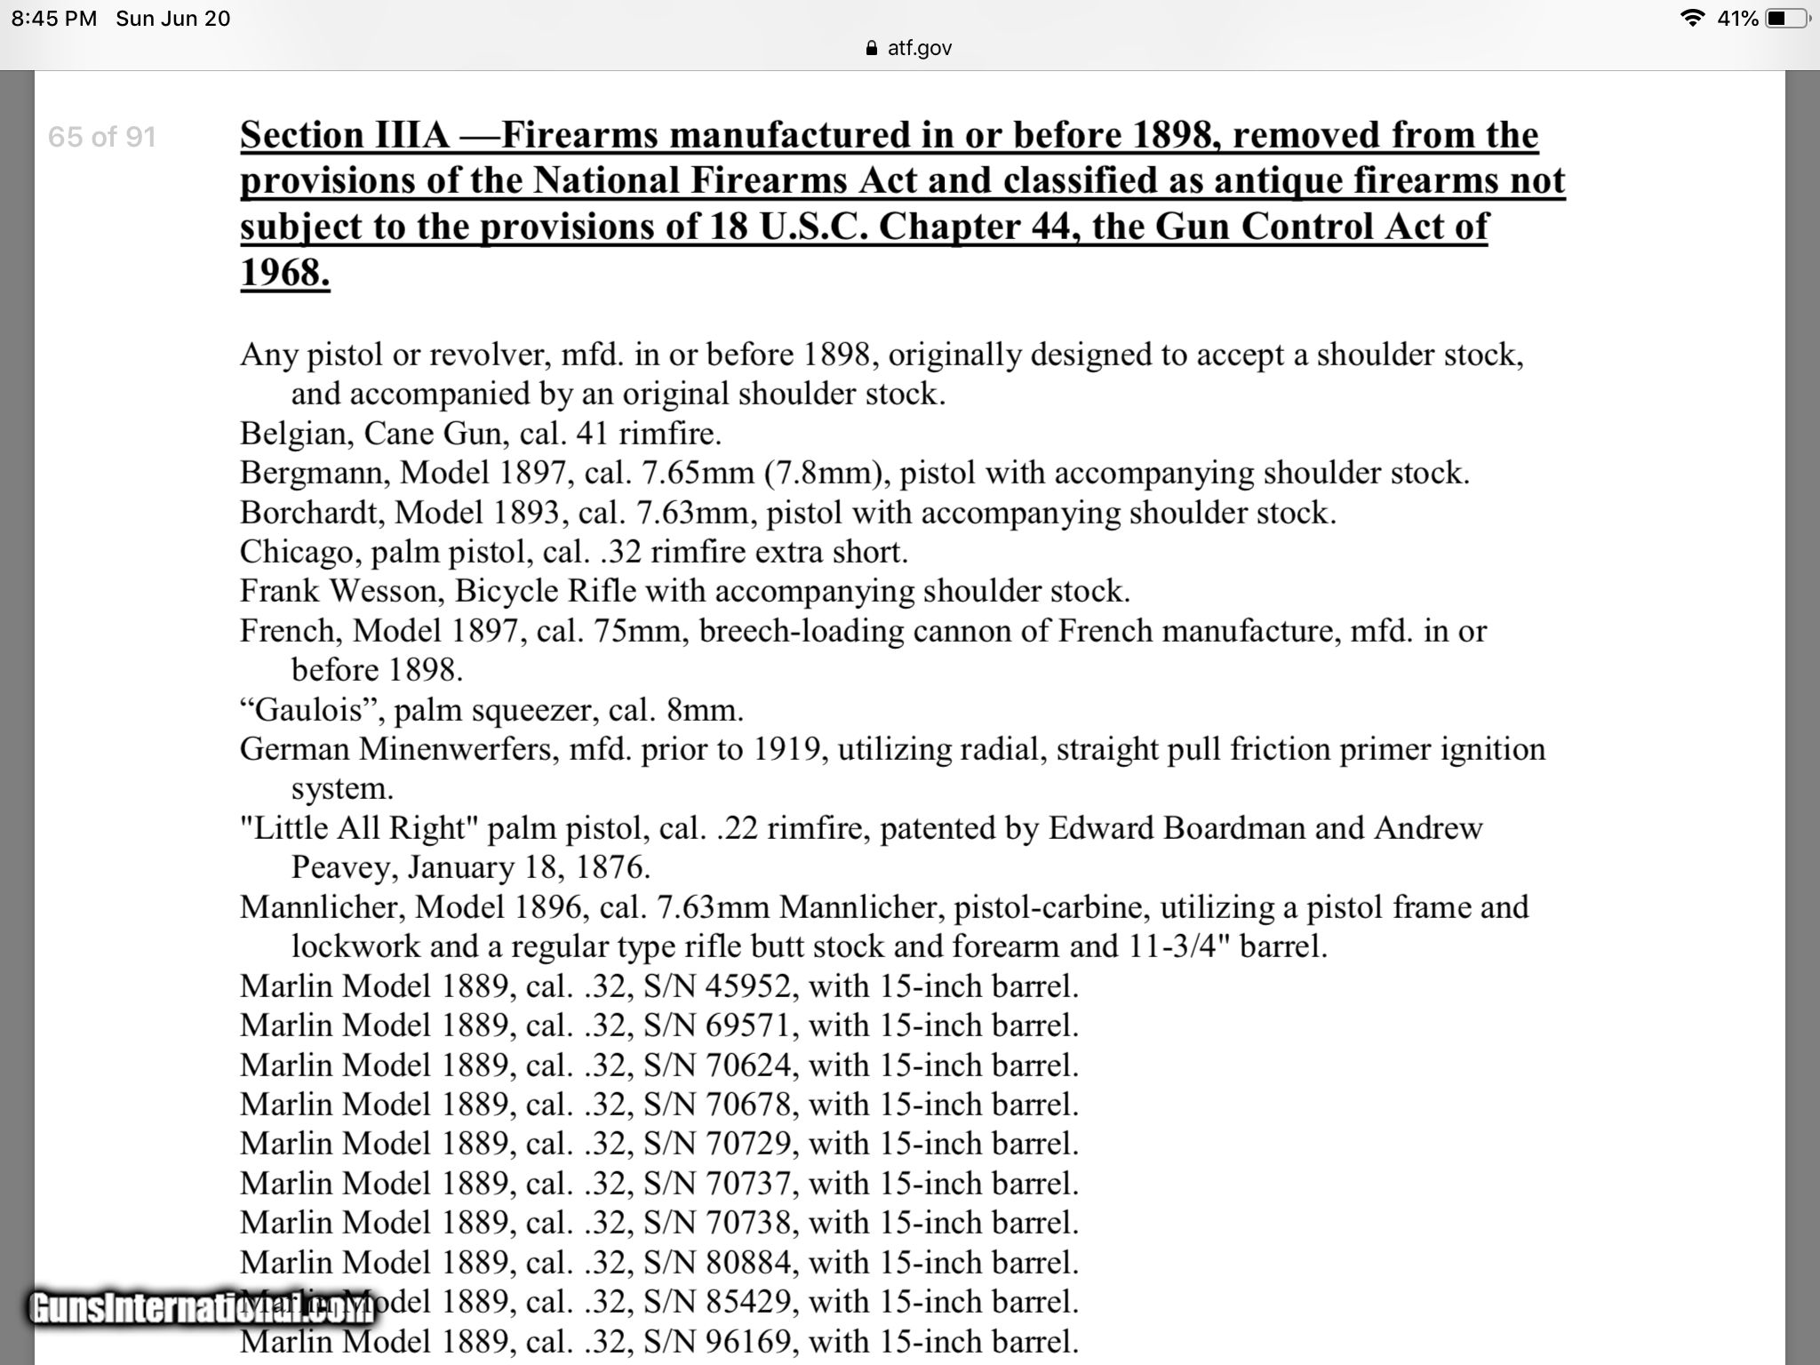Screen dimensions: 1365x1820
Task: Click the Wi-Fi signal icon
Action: coord(1693,19)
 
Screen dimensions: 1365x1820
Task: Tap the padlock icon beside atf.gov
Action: coord(872,48)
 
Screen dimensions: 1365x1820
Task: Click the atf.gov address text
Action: coord(920,48)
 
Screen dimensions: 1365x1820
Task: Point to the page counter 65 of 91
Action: coord(102,137)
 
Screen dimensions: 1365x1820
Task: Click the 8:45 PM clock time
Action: coord(54,19)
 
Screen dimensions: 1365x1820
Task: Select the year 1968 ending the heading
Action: coord(284,272)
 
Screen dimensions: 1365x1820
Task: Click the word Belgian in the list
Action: coord(292,434)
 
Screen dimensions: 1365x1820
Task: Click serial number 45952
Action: coord(747,986)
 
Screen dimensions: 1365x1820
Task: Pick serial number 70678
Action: coord(747,1105)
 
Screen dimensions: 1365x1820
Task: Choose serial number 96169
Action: coord(747,1341)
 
